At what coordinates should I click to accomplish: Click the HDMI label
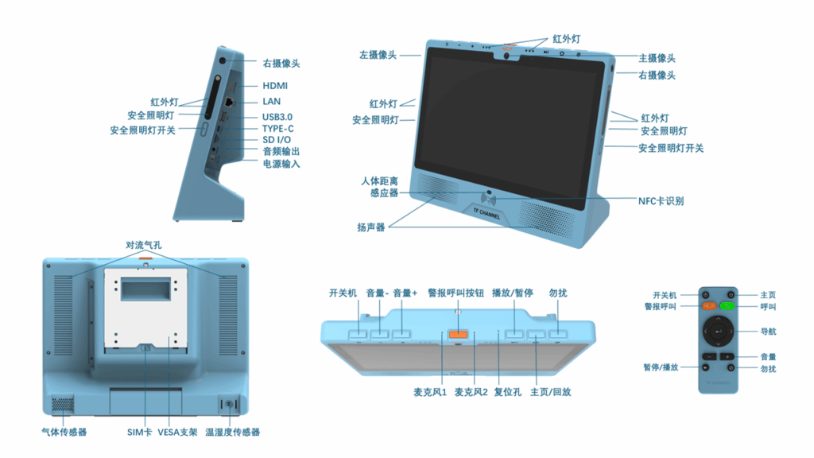[275, 86]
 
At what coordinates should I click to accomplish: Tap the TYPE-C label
[277, 129]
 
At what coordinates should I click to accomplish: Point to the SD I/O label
[277, 140]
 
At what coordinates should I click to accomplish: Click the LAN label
[272, 102]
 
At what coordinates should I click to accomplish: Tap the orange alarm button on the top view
[458, 333]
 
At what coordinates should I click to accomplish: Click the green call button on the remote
[727, 305]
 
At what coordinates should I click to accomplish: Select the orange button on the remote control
[709, 305]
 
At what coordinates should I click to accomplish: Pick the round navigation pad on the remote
[718, 328]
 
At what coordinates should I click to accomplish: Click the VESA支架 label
[177, 433]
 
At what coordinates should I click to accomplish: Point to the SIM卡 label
[139, 433]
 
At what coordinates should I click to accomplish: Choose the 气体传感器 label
[64, 433]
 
